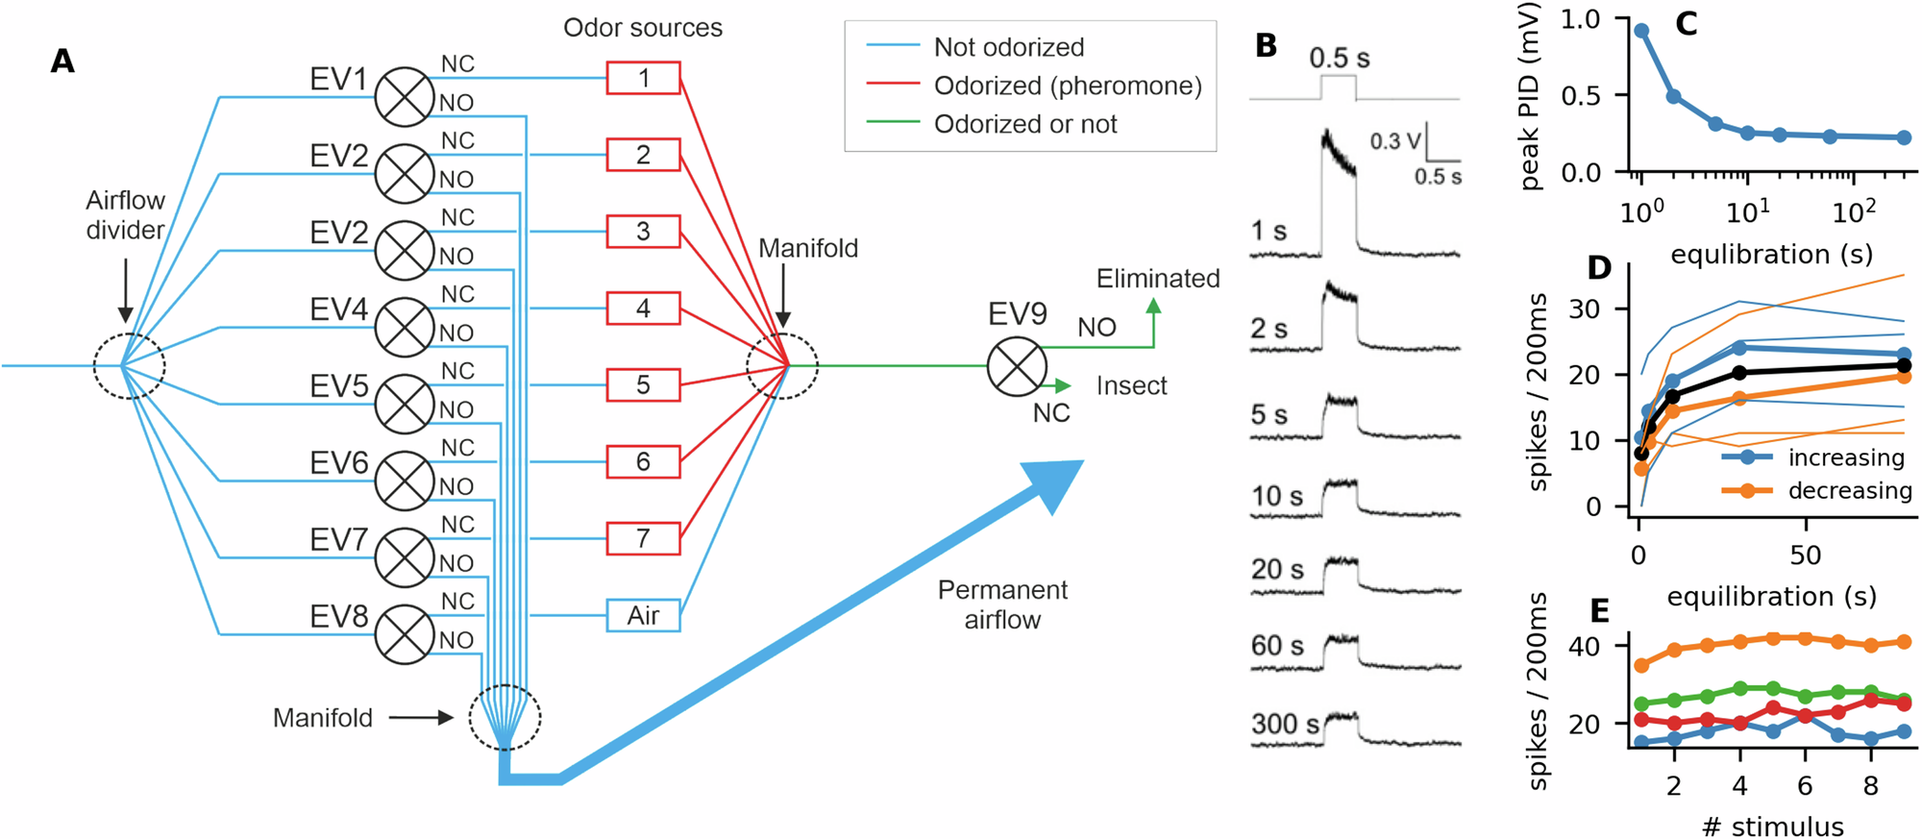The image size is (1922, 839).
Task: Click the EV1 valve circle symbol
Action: (x=405, y=97)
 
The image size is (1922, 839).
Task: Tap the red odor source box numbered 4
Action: (x=643, y=308)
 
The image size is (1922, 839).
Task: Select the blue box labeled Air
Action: (x=643, y=615)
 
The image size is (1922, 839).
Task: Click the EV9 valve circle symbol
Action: (x=1017, y=366)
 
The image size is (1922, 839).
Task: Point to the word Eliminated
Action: (x=1157, y=279)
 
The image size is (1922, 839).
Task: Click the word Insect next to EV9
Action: (x=1131, y=386)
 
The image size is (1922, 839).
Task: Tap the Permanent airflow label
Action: (x=1002, y=605)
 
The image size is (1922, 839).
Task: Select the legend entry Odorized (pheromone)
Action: (x=1067, y=86)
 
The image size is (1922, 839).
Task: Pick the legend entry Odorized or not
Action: (x=1024, y=124)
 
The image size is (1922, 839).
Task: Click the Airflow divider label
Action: (x=125, y=214)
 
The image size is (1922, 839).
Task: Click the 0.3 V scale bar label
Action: (x=1394, y=141)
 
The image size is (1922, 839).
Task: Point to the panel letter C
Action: (x=1686, y=24)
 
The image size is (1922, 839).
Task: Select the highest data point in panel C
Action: (x=1641, y=31)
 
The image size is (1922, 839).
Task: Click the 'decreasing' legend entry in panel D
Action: (x=1849, y=491)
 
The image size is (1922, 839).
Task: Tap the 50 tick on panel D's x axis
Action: (x=1805, y=555)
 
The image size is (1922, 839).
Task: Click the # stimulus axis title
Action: (x=1772, y=826)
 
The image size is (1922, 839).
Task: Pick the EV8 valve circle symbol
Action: (x=405, y=634)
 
